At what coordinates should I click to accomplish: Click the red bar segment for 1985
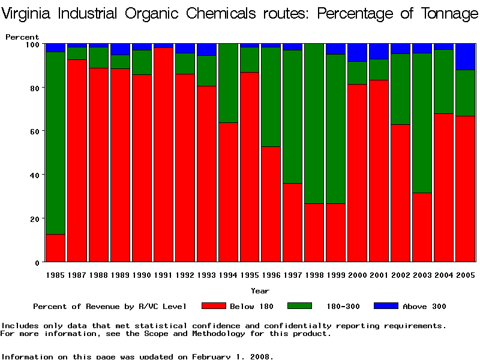pos(55,248)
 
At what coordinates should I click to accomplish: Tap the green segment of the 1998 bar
pos(314,124)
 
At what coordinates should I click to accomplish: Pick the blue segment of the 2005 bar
pos(466,57)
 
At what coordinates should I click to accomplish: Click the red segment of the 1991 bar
pos(163,155)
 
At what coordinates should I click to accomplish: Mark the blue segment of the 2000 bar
pos(358,52)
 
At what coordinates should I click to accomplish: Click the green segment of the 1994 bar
pos(228,83)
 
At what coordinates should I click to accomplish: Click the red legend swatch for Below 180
pos(214,306)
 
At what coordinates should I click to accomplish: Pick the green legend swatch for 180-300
pos(300,306)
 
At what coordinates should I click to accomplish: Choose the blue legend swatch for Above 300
pos(386,306)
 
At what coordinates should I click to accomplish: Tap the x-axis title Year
pos(260,291)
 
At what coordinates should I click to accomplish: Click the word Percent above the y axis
pos(22,37)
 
